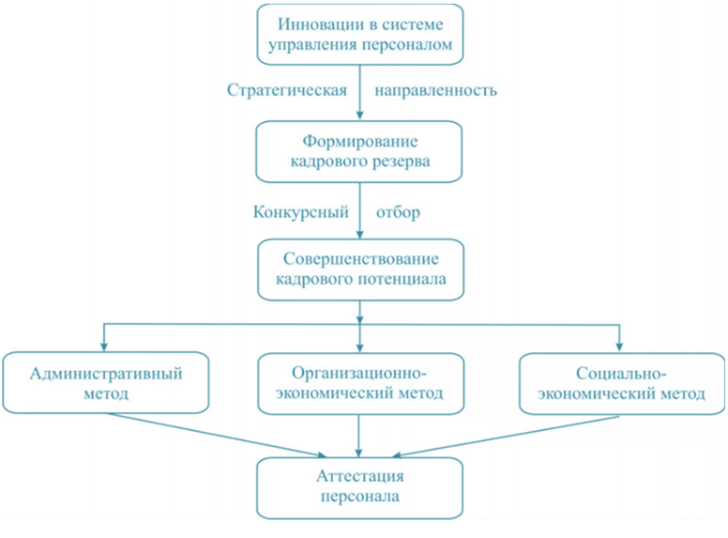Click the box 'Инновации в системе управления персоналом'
click(x=361, y=34)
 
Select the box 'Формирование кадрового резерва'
click(x=361, y=151)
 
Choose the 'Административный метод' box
click(x=105, y=383)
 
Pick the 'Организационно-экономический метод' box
click(x=361, y=383)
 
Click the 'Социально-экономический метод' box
click(x=621, y=383)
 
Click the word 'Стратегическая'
click(x=288, y=91)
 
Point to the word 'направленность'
click(x=435, y=91)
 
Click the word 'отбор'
click(x=398, y=211)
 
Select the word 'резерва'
click(x=402, y=161)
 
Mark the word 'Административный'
click(x=106, y=373)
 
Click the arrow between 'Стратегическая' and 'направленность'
click(x=361, y=91)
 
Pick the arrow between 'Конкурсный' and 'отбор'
click(x=361, y=211)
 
